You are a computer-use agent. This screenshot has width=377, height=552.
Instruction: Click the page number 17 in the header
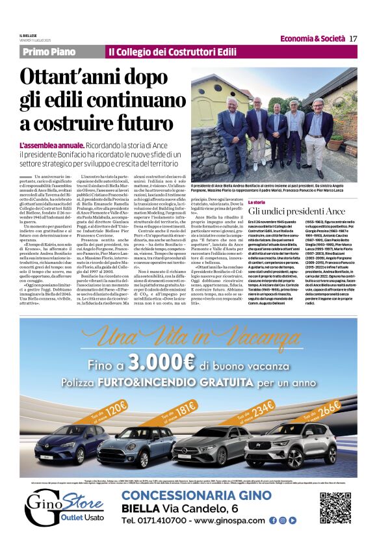[354, 38]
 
